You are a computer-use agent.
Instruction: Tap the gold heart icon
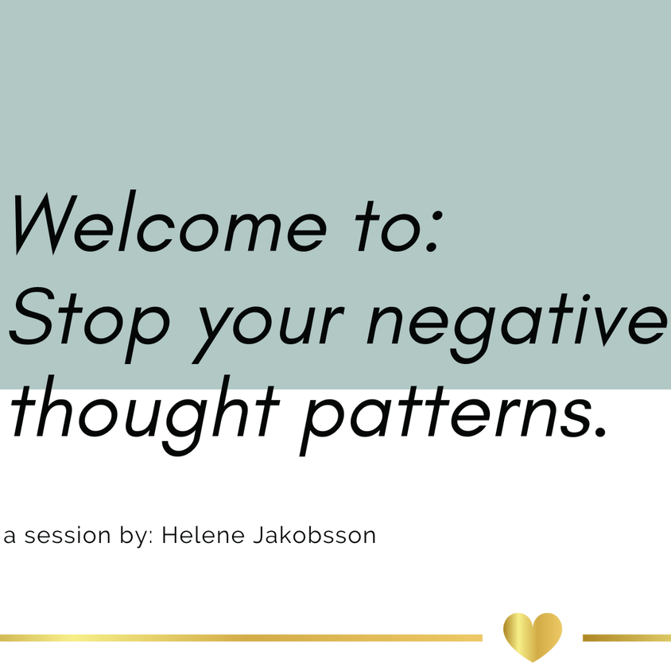pyautogui.click(x=533, y=636)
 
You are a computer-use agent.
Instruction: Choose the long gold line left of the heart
pyautogui.click(x=239, y=638)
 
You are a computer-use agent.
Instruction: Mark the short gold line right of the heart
pyautogui.click(x=626, y=638)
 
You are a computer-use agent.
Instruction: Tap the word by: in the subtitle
pyautogui.click(x=137, y=536)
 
